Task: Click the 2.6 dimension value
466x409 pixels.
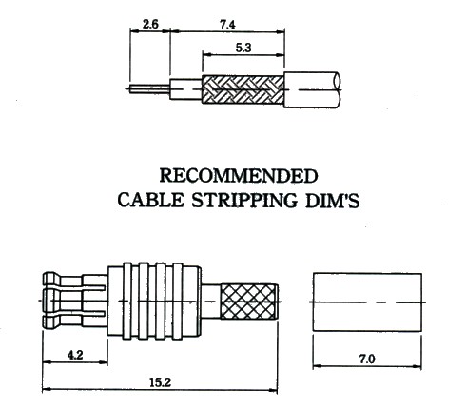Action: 150,24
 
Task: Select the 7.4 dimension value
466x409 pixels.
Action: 227,25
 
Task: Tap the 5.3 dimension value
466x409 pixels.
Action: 243,48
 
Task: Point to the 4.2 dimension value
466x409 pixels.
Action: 75,355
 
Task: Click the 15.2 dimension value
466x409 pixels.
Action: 160,382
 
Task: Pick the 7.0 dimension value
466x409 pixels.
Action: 367,359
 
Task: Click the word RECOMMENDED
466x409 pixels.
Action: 239,176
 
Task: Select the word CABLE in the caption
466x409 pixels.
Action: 151,201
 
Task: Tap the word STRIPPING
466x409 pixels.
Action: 244,201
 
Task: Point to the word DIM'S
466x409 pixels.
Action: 332,201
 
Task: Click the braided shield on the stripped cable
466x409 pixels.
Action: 243,89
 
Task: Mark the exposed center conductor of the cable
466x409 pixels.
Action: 149,88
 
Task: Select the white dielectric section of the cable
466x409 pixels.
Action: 186,89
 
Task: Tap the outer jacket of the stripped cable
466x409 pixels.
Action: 312,90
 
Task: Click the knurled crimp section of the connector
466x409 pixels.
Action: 249,302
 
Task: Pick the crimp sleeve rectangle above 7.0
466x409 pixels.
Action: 367,302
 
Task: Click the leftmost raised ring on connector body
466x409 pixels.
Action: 127,301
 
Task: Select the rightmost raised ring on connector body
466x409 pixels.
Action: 178,301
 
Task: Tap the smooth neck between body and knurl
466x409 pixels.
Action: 211,302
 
